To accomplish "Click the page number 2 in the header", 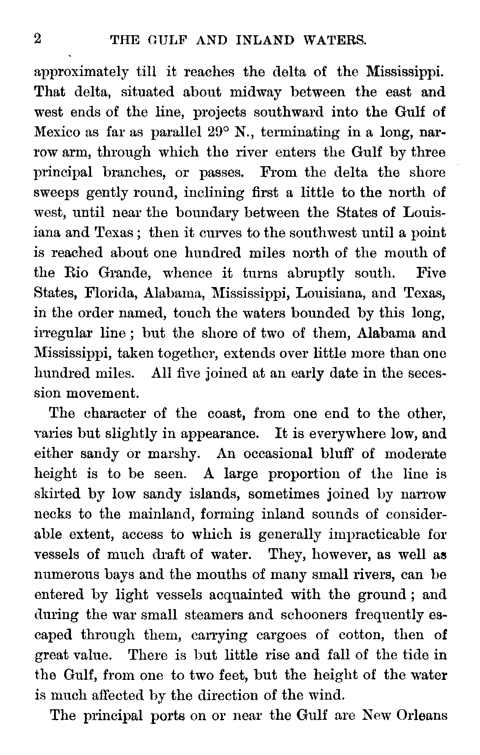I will [38, 39].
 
